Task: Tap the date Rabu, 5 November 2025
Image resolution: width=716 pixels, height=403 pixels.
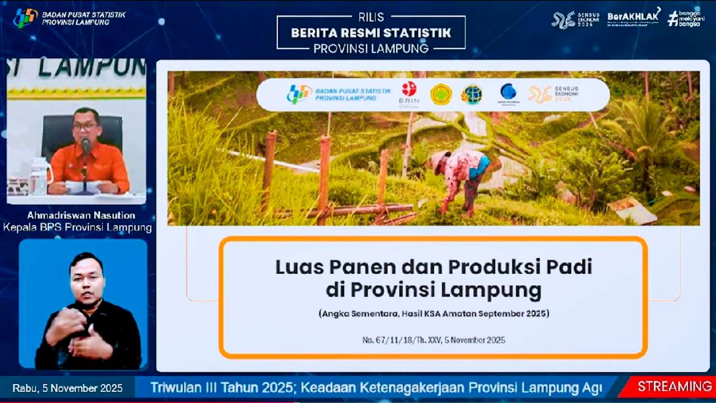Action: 67,388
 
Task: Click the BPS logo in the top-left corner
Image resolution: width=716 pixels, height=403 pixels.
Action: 25,18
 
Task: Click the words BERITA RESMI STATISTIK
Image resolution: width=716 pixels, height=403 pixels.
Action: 371,33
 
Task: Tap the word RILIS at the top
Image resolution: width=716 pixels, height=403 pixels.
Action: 371,18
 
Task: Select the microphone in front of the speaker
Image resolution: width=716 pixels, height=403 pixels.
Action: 86,146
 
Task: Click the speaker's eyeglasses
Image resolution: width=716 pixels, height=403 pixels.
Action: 85,126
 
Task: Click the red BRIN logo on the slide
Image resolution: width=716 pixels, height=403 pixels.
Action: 409,90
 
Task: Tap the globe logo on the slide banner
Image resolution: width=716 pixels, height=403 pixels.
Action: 471,94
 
